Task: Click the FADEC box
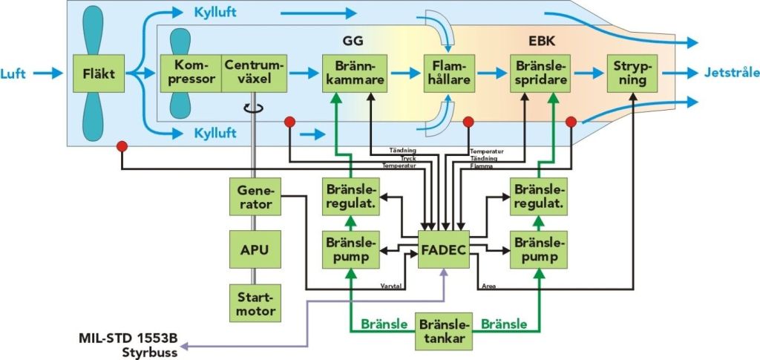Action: pos(442,249)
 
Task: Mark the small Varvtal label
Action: pos(391,284)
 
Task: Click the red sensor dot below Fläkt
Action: pos(120,146)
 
